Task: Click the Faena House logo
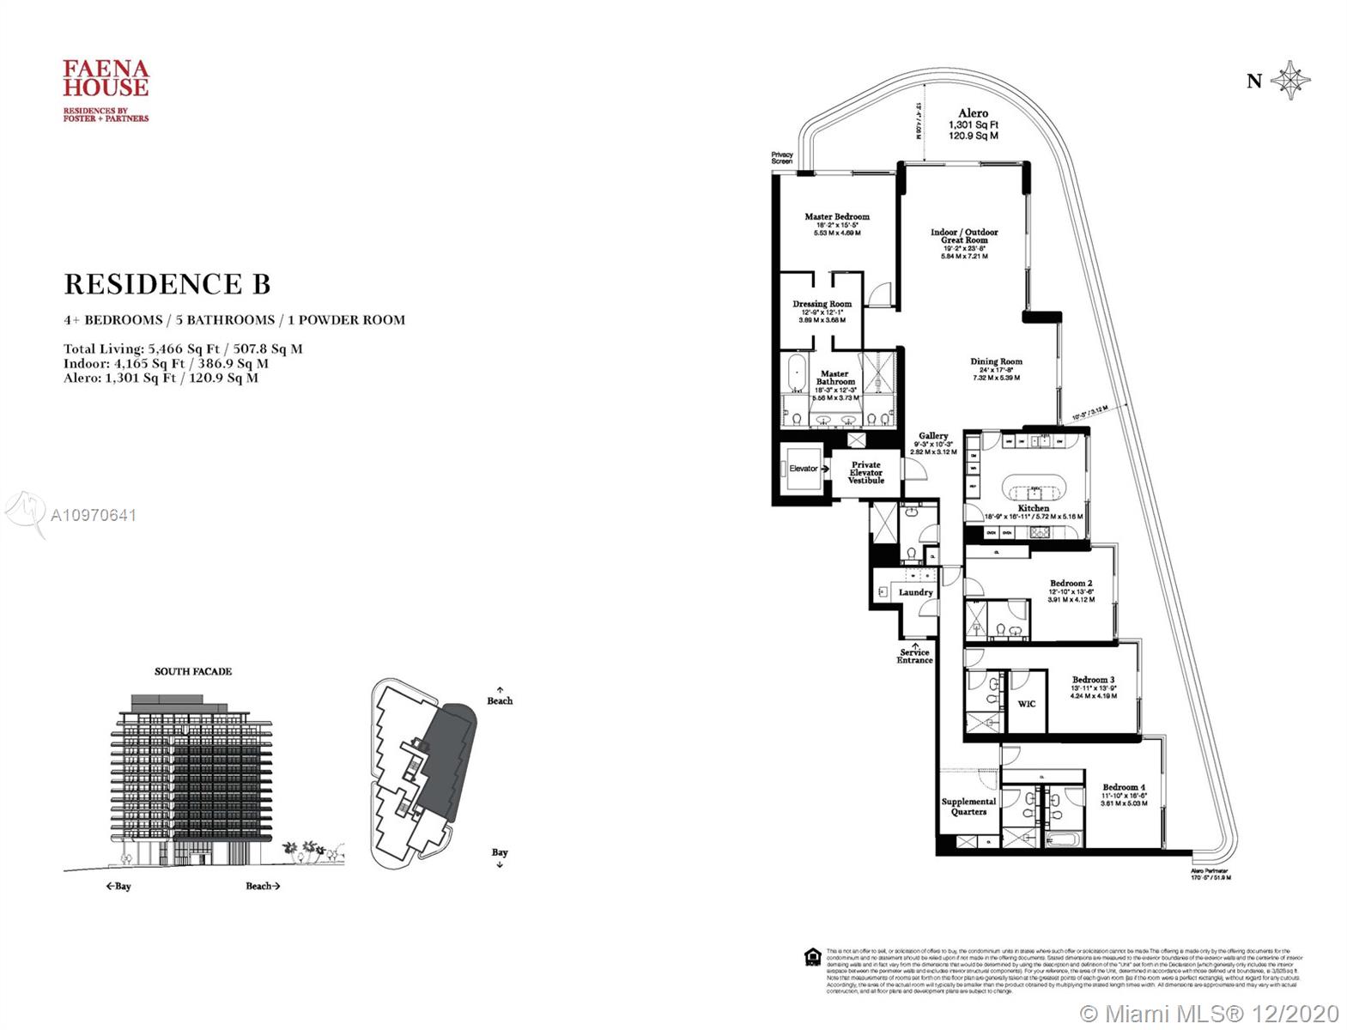coord(106,89)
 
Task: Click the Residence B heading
coord(167,283)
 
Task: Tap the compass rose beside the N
coord(1289,82)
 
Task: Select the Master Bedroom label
coord(836,217)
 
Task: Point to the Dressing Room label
coord(822,304)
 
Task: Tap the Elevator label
coord(804,469)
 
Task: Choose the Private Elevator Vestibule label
coord(865,473)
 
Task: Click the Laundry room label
coord(915,592)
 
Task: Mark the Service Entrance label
coord(914,656)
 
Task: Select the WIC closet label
coord(1026,704)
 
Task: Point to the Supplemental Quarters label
coord(968,806)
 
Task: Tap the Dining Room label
coord(996,362)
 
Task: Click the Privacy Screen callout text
coord(781,158)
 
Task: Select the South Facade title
coord(193,671)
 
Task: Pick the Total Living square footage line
coord(183,349)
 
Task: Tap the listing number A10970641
coord(94,516)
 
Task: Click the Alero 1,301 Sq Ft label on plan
coord(973,124)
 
